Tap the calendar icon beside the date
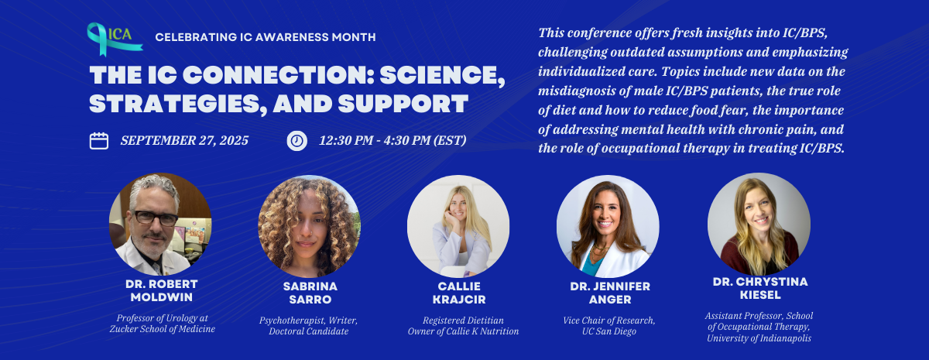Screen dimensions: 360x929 [99, 141]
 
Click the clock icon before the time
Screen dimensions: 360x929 [297, 141]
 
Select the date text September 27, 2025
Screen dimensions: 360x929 [184, 141]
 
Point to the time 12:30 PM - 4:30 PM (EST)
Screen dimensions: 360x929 [393, 141]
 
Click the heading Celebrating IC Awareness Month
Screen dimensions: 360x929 [266, 36]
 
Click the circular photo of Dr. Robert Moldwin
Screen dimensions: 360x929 [160, 224]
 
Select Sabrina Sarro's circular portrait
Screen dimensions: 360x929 [309, 226]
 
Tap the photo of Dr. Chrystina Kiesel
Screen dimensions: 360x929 [759, 224]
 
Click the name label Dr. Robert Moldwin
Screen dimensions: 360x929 [161, 292]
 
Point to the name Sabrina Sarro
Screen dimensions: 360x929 [309, 292]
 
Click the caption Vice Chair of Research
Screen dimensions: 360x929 [608, 320]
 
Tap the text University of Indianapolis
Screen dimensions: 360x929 [759, 338]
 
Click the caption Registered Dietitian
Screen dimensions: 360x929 [463, 319]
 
